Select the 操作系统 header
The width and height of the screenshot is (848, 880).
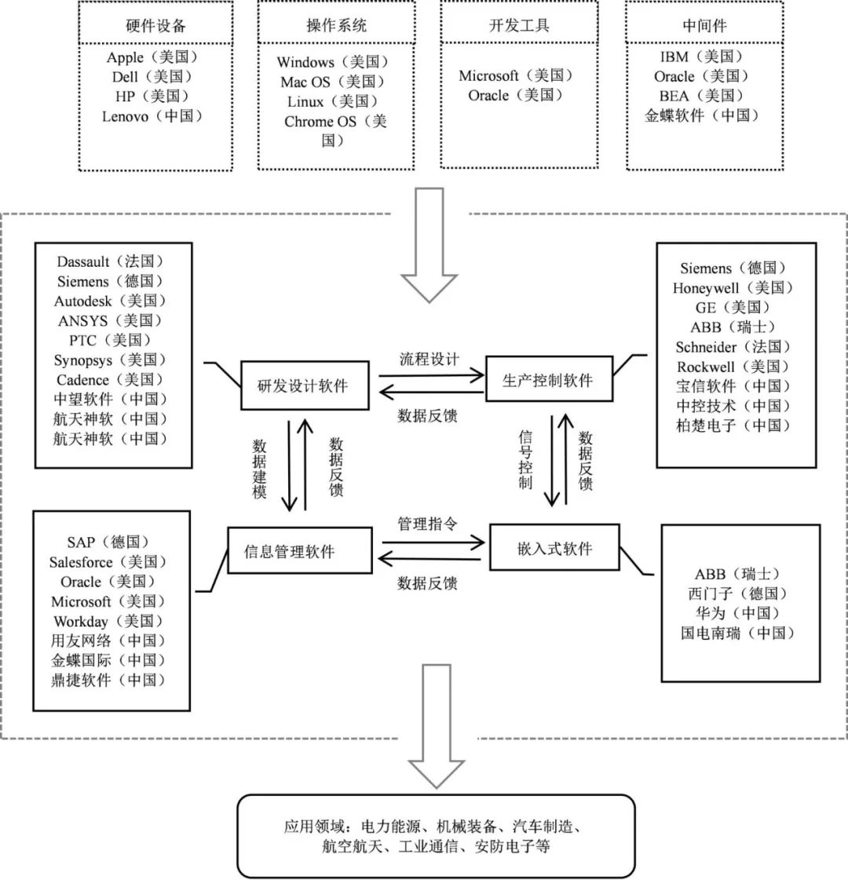click(x=336, y=25)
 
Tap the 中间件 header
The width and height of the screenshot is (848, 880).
click(x=704, y=25)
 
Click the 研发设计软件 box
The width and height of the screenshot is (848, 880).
click(x=303, y=385)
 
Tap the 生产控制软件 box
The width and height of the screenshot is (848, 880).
click(x=547, y=382)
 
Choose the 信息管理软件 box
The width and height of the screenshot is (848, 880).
click(x=289, y=551)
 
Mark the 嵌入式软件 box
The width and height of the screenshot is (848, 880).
click(x=554, y=549)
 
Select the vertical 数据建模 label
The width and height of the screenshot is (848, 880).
click(x=260, y=469)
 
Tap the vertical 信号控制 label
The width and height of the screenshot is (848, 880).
click(x=525, y=458)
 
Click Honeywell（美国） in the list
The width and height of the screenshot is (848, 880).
click(x=733, y=288)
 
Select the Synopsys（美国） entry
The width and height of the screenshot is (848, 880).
click(x=111, y=360)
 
